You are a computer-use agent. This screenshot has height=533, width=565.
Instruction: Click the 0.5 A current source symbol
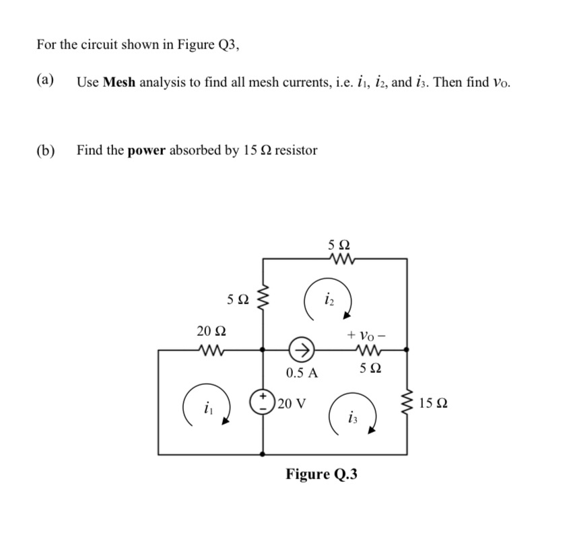tap(301, 349)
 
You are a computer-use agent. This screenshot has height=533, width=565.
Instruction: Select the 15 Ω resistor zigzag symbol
tap(407, 403)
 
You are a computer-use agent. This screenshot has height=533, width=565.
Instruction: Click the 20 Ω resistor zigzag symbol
tap(210, 349)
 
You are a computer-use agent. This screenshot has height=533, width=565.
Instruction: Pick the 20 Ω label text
tap(211, 330)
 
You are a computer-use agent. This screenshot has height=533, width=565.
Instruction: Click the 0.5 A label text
tap(302, 372)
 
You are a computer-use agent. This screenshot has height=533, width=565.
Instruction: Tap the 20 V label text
tap(292, 404)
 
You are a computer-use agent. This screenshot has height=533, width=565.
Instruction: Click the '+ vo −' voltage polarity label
tap(366, 334)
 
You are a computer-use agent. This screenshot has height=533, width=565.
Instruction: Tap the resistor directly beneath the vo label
tap(366, 349)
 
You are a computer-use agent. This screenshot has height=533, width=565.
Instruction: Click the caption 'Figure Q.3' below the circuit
tap(321, 474)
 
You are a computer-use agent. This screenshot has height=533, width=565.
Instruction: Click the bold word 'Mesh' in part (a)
tap(119, 83)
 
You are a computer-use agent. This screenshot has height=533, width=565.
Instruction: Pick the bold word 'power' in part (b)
tap(145, 150)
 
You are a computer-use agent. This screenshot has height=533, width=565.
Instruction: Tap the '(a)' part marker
tap(45, 82)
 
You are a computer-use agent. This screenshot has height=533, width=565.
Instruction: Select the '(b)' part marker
tap(46, 150)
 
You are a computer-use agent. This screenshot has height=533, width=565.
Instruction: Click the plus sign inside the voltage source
tap(262, 393)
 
